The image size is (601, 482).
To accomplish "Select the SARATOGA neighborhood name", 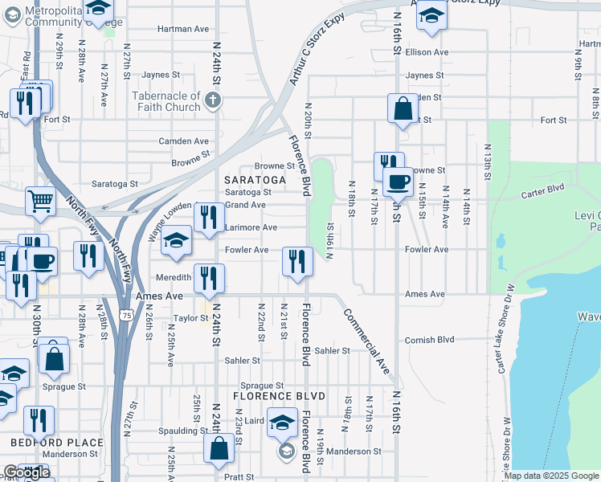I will pyautogui.click(x=254, y=180).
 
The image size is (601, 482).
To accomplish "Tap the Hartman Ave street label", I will pyautogui.click(x=183, y=29).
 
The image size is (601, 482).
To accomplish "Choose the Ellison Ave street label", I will pyautogui.click(x=427, y=53).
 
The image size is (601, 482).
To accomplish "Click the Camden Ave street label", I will pyautogui.click(x=183, y=141).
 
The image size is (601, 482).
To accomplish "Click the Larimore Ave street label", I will pyautogui.click(x=251, y=228).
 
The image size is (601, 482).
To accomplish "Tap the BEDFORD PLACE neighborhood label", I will pyautogui.click(x=56, y=443).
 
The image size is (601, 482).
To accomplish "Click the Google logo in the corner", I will pyautogui.click(x=26, y=473).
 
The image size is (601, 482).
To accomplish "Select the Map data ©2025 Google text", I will pyautogui.click(x=551, y=476).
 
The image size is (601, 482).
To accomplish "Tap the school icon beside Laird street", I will pyautogui.click(x=282, y=423).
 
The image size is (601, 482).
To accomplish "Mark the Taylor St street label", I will pyautogui.click(x=191, y=319).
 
